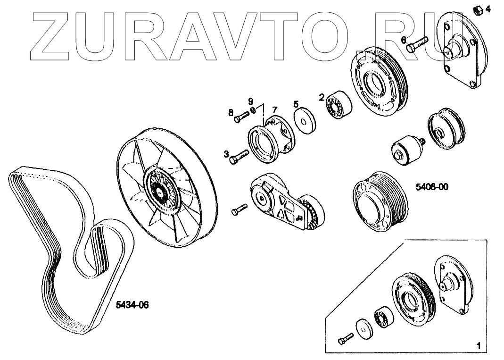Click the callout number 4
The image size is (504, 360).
[x=487, y=9]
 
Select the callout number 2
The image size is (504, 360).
[x=321, y=98]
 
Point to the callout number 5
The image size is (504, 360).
[x=296, y=104]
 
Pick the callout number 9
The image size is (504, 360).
[x=251, y=101]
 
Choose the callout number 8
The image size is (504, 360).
[x=231, y=112]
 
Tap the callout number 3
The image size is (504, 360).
[x=226, y=154]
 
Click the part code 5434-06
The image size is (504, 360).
[x=132, y=305]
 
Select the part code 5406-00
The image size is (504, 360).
[x=432, y=187]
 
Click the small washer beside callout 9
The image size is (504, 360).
[x=253, y=110]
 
